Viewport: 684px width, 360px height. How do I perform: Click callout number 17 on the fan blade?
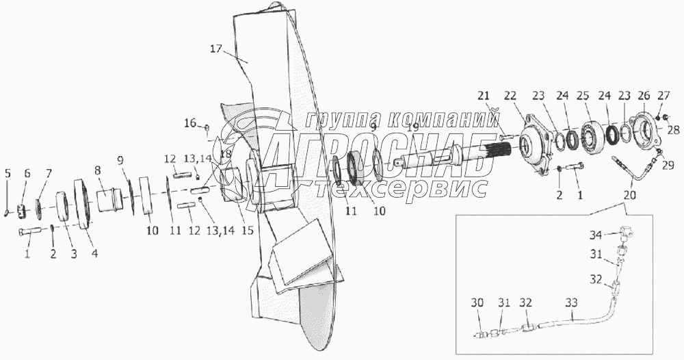[216, 49]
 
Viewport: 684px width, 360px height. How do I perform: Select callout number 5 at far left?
[8, 173]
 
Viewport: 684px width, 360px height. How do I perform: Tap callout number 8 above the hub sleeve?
[98, 170]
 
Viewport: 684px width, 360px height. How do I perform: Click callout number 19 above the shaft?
[413, 127]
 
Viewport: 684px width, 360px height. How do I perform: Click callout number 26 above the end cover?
[644, 95]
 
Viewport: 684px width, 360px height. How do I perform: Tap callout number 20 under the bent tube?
[630, 194]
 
